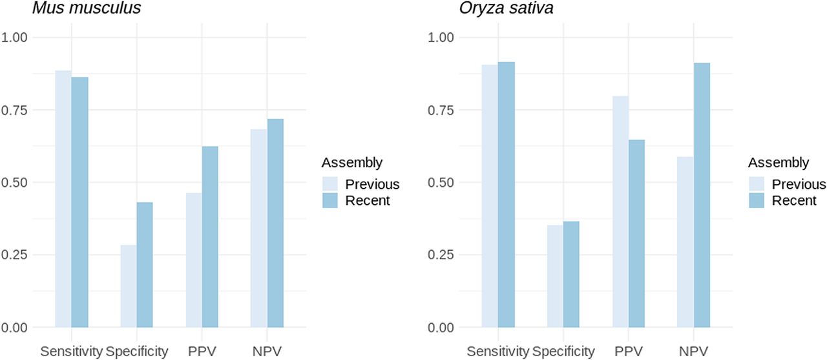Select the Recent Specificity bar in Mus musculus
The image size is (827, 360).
click(145, 265)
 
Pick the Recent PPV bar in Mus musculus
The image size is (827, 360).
click(210, 237)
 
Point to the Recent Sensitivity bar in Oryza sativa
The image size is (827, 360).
click(506, 195)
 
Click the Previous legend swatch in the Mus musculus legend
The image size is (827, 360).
click(331, 184)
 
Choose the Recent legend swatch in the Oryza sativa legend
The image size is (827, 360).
click(757, 200)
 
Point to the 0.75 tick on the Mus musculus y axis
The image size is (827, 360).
click(15, 110)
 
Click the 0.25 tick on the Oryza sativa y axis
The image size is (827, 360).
click(441, 255)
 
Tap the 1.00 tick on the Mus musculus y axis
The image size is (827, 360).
click(15, 37)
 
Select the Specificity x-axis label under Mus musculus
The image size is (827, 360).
click(137, 352)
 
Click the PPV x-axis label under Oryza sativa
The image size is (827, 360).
click(628, 352)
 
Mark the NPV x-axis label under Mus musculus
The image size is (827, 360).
click(267, 352)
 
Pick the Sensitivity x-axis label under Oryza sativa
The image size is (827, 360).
click(497, 352)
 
